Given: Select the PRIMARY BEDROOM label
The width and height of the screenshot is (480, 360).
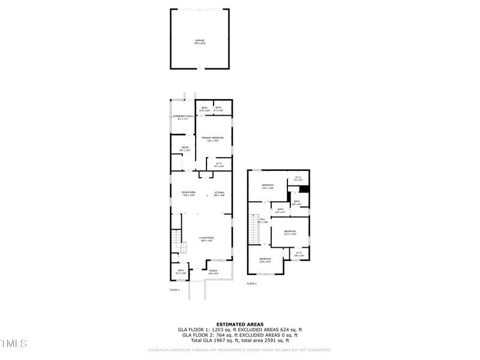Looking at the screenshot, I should point(212,139).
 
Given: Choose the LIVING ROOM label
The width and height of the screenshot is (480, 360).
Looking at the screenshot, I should point(206,239).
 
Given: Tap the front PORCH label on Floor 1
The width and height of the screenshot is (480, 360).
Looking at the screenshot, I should point(213,271).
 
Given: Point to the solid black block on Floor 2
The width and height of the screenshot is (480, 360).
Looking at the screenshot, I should point(304,190).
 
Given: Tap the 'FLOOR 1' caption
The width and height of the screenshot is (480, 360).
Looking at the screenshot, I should point(175,290).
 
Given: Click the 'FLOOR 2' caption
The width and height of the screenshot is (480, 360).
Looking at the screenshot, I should point(251,283).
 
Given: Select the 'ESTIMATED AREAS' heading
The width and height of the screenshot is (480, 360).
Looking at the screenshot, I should point(239,324).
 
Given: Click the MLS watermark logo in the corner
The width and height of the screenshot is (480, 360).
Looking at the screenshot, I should point(14,344).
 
